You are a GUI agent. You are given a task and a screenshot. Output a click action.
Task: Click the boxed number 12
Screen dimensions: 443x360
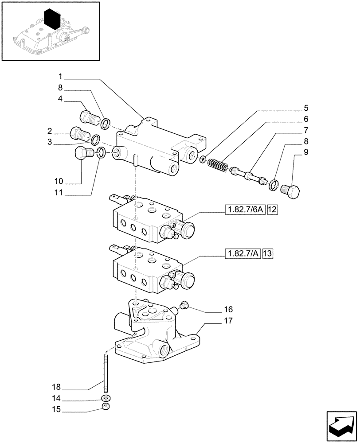coord(272,210)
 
